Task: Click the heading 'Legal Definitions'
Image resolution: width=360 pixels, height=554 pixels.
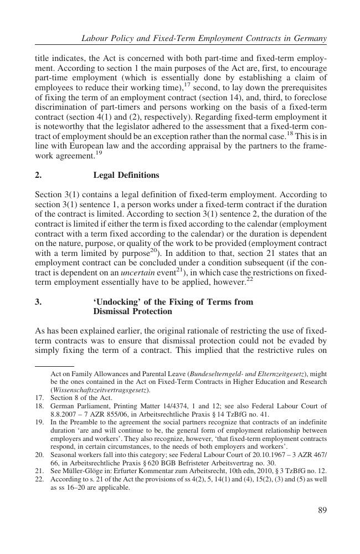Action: [126, 175]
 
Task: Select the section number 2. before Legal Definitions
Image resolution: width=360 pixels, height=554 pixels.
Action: [38, 175]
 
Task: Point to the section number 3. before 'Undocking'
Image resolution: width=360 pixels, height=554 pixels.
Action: [38, 302]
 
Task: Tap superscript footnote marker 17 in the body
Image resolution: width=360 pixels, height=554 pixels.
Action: [188, 85]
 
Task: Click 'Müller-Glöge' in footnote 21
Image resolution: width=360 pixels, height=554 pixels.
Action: [84, 471]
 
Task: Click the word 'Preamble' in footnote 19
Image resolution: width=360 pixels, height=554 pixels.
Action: [79, 422]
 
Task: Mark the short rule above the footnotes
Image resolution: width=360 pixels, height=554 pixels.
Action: [54, 366]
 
